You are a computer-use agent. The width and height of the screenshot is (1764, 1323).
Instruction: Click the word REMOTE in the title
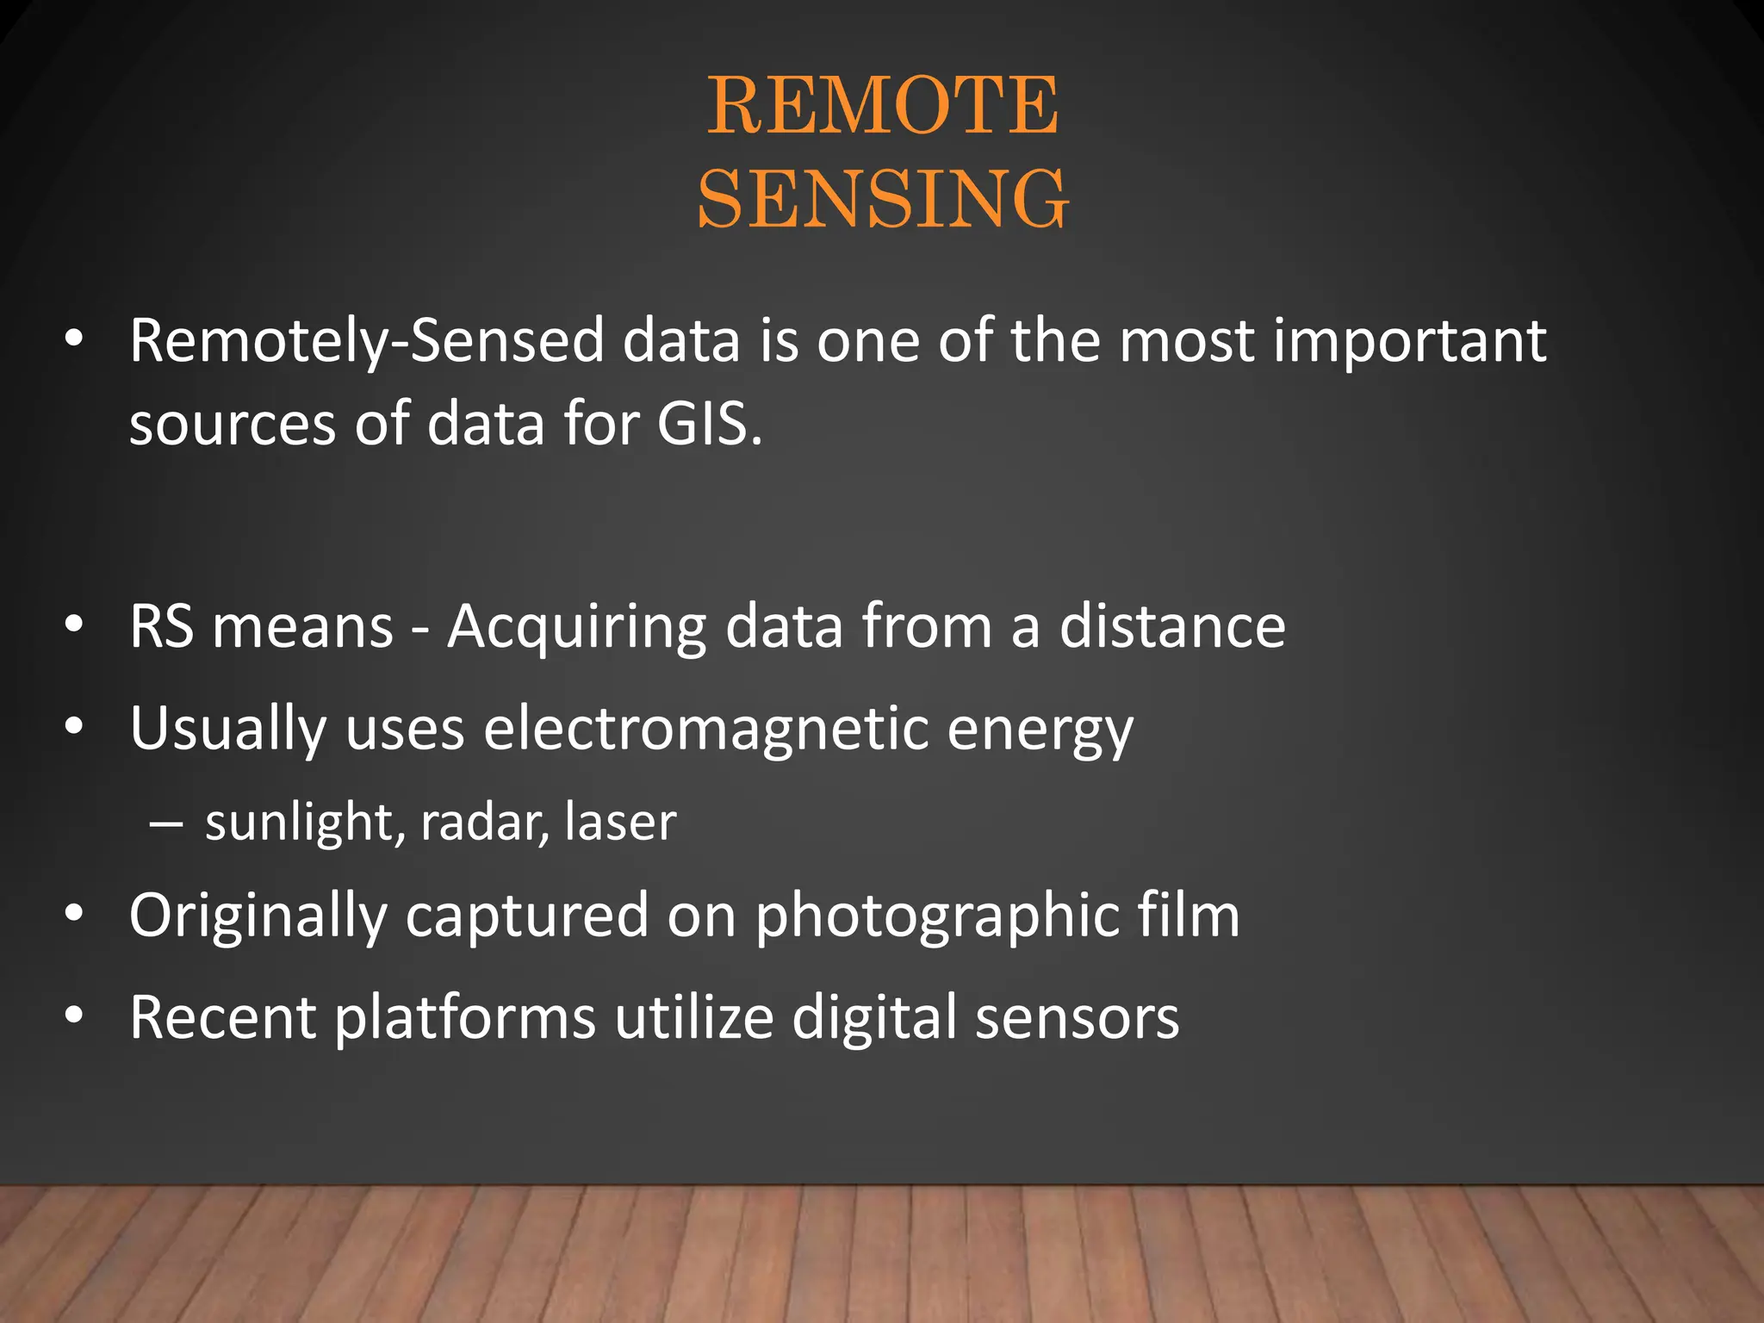[x=882, y=106]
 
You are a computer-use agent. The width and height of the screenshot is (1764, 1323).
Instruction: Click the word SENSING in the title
[x=882, y=199]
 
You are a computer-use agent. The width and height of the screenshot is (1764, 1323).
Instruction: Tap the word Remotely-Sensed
[x=366, y=341]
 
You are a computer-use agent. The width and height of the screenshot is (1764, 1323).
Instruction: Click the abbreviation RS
[x=161, y=626]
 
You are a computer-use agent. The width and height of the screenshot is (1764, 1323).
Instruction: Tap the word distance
[x=1171, y=626]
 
